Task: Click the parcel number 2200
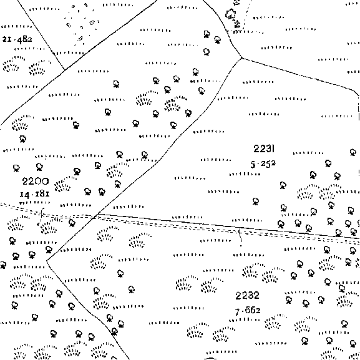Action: (36, 182)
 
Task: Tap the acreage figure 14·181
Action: (35, 194)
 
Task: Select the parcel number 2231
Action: (264, 148)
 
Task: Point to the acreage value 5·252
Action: (263, 164)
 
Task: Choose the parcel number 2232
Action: (248, 296)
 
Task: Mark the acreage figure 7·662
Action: (248, 311)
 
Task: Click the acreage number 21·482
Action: (17, 39)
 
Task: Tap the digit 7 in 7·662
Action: (237, 312)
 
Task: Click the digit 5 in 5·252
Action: (253, 165)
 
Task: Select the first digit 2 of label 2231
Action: (256, 148)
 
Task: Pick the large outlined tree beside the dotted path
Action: (230, 14)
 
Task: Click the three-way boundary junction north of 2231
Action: (241, 58)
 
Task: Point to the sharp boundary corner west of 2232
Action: (47, 260)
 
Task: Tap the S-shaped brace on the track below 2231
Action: (240, 237)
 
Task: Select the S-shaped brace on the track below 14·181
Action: (41, 216)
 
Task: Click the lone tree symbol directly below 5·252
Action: (256, 202)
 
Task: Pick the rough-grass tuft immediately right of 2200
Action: (62, 183)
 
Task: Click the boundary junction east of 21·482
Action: (65, 69)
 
